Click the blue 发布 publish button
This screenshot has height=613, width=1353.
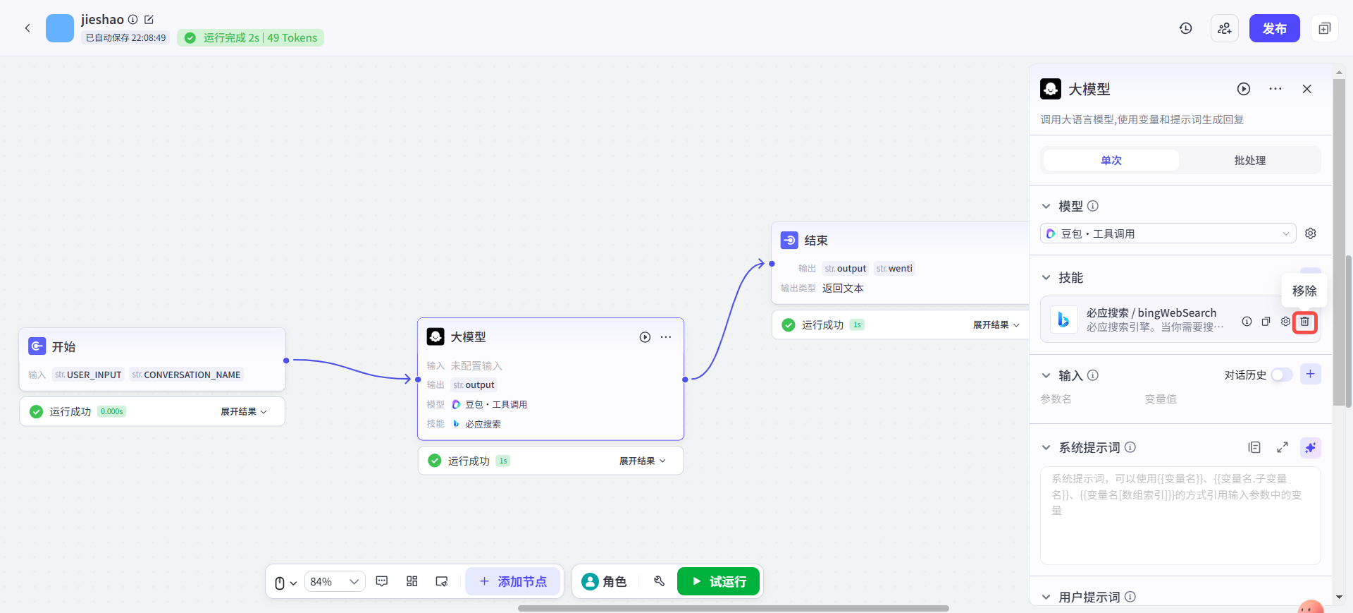pyautogui.click(x=1274, y=28)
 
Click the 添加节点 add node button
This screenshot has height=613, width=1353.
pyautogui.click(x=513, y=581)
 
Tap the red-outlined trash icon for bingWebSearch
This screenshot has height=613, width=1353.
pyautogui.click(x=1304, y=322)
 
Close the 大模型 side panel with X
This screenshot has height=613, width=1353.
pyautogui.click(x=1306, y=89)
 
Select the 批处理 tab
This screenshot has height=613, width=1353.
pyautogui.click(x=1249, y=160)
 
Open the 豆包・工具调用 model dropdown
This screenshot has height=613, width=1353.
pyautogui.click(x=1168, y=233)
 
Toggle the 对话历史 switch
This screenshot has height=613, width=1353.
pyautogui.click(x=1282, y=375)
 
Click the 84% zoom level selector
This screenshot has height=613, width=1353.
pyautogui.click(x=335, y=581)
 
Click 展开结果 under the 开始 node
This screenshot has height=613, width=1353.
pyautogui.click(x=244, y=411)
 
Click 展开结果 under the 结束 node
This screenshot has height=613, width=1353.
pyautogui.click(x=996, y=324)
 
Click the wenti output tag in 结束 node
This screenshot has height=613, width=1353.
pyautogui.click(x=894, y=268)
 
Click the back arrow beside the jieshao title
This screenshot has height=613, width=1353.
pyautogui.click(x=27, y=28)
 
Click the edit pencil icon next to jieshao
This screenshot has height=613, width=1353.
pyautogui.click(x=149, y=20)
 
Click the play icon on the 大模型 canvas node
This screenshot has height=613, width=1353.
pyautogui.click(x=645, y=337)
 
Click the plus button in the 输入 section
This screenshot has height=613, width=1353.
pyautogui.click(x=1310, y=374)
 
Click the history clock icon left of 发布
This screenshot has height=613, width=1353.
pyautogui.click(x=1186, y=28)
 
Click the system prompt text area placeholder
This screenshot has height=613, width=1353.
pyautogui.click(x=1180, y=515)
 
